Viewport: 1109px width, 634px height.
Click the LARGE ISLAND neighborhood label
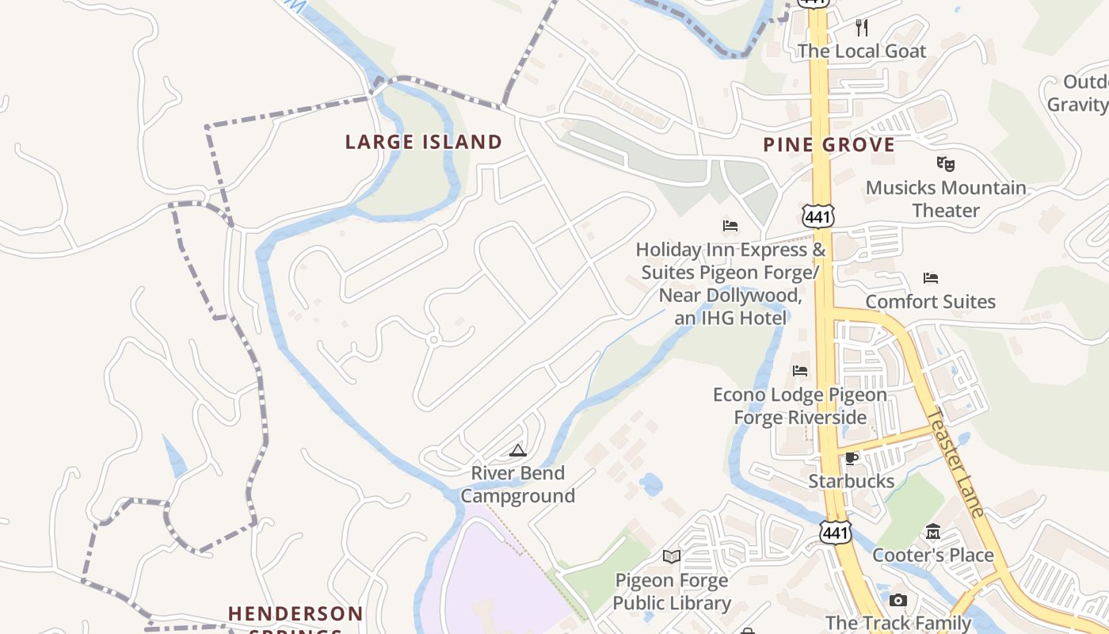(424, 143)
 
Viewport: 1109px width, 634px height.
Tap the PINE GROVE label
(829, 145)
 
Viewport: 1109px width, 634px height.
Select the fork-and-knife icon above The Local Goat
(862, 29)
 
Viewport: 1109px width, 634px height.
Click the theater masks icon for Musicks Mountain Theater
(945, 164)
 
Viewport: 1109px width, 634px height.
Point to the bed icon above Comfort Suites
(931, 278)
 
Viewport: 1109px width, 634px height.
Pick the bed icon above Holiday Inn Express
(730, 227)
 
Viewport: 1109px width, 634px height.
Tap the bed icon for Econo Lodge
(800, 371)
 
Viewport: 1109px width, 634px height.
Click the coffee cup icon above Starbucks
(852, 458)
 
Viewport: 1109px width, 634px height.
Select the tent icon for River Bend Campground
(518, 451)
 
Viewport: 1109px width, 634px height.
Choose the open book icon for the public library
(672, 556)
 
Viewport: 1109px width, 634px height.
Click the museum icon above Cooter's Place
(933, 532)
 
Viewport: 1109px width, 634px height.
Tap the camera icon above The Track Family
(898, 600)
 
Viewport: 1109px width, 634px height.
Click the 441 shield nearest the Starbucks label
(835, 533)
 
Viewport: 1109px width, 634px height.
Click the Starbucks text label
(852, 481)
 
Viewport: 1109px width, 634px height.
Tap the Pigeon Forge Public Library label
(672, 592)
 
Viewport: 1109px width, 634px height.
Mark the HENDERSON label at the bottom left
(295, 614)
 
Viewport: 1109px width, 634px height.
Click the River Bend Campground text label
(518, 484)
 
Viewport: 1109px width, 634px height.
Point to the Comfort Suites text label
(931, 302)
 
